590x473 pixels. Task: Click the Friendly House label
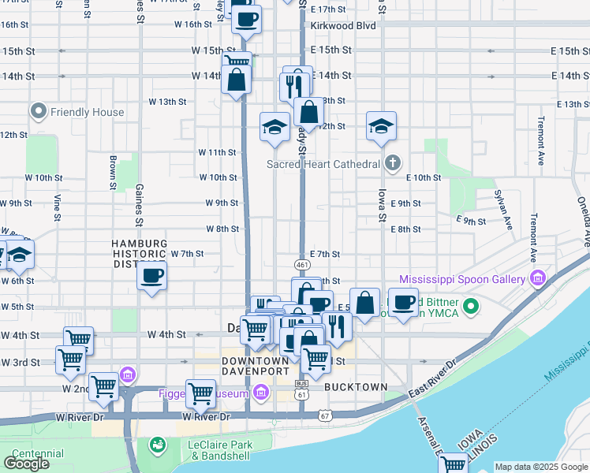(87, 112)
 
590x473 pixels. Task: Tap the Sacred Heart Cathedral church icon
(394, 164)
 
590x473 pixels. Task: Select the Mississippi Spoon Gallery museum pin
(538, 279)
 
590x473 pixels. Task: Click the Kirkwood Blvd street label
(343, 25)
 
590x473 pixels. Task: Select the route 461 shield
(302, 265)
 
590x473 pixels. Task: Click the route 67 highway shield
(325, 415)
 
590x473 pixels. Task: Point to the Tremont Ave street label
(541, 140)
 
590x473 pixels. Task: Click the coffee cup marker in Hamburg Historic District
(152, 277)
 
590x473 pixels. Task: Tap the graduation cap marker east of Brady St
(381, 126)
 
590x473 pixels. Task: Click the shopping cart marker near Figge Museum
(200, 392)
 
